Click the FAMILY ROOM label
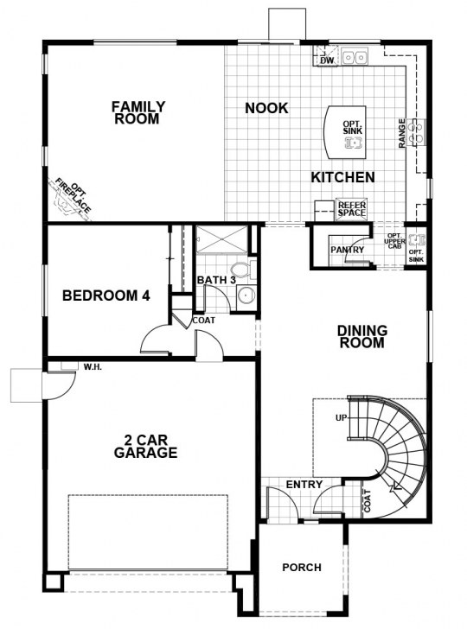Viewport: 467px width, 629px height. [138, 112]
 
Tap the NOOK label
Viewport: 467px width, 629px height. [266, 108]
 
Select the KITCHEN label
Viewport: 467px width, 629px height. [343, 177]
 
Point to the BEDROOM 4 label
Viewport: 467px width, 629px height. [106, 295]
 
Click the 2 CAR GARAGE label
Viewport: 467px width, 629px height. [145, 447]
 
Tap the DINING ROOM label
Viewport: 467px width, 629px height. [362, 337]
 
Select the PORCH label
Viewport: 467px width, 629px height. [302, 568]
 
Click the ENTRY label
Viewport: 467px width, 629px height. [304, 485]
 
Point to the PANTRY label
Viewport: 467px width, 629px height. [348, 250]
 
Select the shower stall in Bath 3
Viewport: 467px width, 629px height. [222, 240]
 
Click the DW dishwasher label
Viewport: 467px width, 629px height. [327, 60]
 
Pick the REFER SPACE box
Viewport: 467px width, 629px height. [351, 209]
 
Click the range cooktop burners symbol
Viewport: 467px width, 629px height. [415, 132]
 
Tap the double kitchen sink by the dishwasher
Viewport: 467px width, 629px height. [355, 57]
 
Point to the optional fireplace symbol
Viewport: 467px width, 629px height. [70, 200]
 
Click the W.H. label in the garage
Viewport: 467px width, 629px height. [93, 366]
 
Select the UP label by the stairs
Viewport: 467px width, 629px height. [341, 418]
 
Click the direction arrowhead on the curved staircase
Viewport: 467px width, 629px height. [395, 487]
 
